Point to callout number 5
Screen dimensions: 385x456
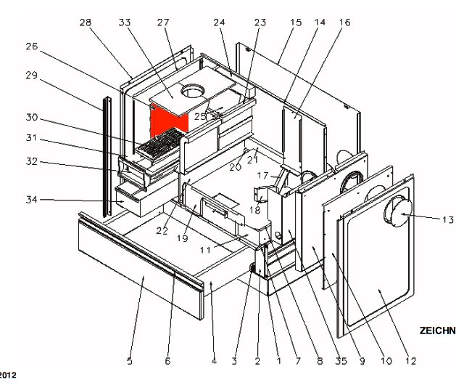click(x=130, y=361)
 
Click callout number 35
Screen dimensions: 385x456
click(x=341, y=360)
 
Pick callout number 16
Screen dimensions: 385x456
click(x=344, y=23)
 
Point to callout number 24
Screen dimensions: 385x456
click(x=217, y=23)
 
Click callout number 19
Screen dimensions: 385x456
click(x=185, y=238)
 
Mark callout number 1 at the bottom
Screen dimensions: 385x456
click(x=278, y=360)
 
